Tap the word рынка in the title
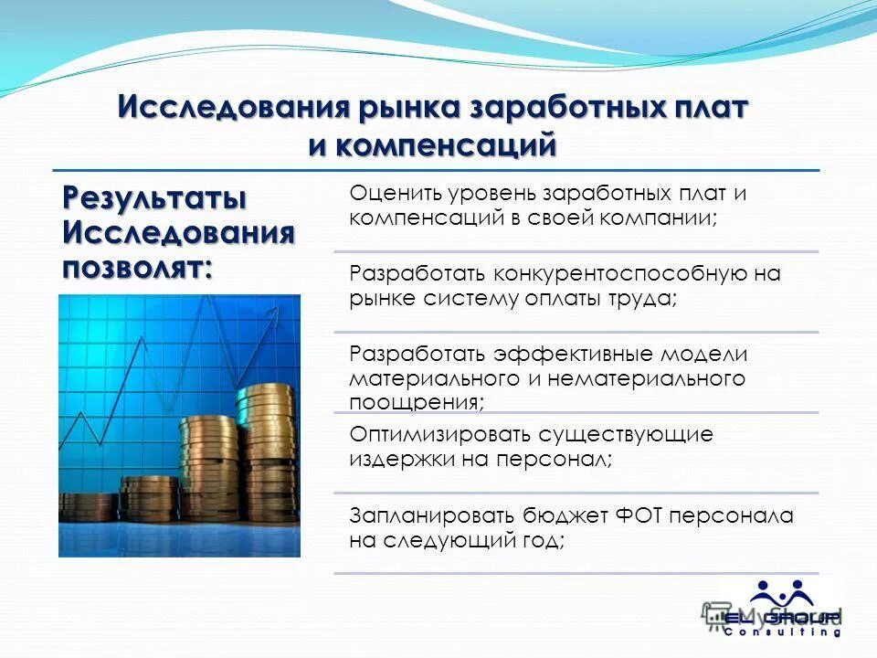point(405,109)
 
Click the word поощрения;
point(417,401)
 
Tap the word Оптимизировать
point(441,434)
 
